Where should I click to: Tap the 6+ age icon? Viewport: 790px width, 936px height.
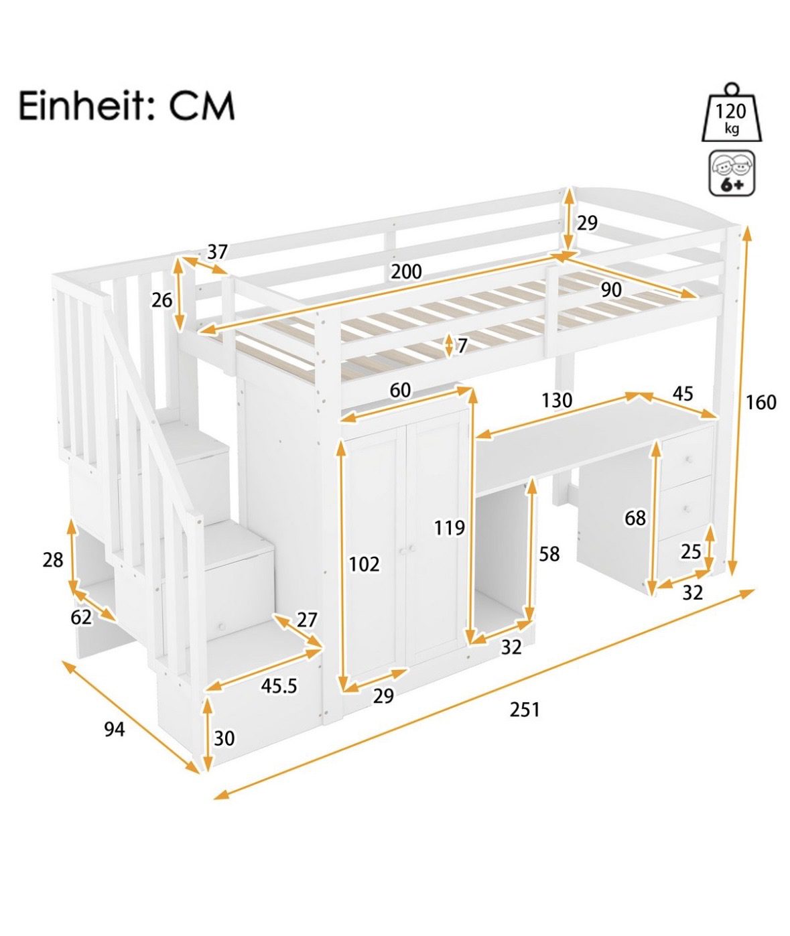coord(732,174)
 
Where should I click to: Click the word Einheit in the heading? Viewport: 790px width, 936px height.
coord(86,107)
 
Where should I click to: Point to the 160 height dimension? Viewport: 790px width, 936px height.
coord(761,403)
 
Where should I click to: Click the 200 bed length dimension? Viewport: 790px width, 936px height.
coord(406,271)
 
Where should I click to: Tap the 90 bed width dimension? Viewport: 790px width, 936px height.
coord(611,290)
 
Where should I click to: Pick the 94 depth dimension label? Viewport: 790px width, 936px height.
coord(115,730)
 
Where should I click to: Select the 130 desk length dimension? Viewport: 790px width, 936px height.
coord(557,400)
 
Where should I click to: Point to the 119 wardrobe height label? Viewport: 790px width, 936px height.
coord(449,527)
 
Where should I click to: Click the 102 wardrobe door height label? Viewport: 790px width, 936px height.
coord(364,564)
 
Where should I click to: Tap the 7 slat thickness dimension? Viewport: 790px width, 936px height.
coord(462,346)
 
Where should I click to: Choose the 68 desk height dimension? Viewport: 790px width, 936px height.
coord(635,518)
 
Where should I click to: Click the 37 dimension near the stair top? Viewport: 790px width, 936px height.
coord(218,252)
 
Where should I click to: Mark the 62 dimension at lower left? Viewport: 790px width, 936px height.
coord(81,617)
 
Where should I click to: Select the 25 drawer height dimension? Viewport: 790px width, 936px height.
coord(690,551)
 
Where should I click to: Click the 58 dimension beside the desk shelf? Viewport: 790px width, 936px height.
coord(549,555)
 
